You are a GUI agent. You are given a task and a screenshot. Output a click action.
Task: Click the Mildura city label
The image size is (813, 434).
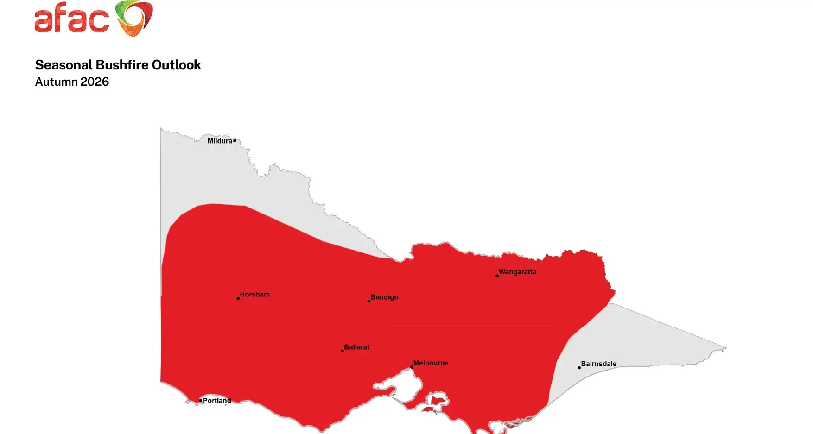[x=219, y=141]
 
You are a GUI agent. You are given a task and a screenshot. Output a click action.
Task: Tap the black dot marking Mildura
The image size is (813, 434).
[x=235, y=140]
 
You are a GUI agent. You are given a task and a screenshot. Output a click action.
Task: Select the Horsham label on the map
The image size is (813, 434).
[x=254, y=295]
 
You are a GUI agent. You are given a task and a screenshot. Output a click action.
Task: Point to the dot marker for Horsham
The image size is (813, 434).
[x=238, y=298]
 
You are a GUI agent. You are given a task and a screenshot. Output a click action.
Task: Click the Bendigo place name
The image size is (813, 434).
[x=384, y=297]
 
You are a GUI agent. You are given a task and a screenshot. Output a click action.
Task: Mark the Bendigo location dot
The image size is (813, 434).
[x=369, y=301]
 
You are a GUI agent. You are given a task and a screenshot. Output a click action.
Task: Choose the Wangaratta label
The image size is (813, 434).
[x=517, y=272]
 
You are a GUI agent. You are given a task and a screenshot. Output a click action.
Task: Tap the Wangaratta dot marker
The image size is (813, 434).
[x=497, y=276]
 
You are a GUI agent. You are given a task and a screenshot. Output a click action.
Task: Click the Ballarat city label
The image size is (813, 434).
[x=356, y=347]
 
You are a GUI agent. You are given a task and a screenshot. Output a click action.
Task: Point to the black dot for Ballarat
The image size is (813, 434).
[x=343, y=351]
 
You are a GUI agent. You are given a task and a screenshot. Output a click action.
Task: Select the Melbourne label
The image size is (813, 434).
[x=431, y=363]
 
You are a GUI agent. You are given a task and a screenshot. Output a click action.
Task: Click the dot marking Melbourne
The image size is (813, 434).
[x=412, y=367]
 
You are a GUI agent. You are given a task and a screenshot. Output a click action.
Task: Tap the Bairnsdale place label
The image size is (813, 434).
[x=598, y=364]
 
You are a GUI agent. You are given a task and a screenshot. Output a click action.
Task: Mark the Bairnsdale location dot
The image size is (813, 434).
[x=579, y=368]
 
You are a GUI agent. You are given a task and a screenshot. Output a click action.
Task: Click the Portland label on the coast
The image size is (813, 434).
[x=217, y=401]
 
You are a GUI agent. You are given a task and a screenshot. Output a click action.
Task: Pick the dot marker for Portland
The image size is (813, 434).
[x=201, y=401]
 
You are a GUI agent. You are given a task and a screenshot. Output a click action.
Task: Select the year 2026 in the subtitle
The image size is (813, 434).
[x=95, y=82]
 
